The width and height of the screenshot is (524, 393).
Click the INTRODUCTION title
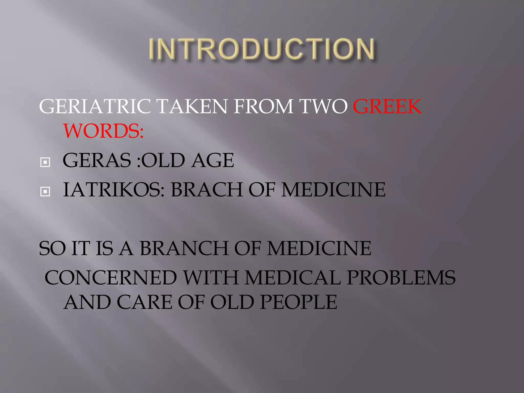coord(262,49)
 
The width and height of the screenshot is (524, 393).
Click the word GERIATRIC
coord(95,106)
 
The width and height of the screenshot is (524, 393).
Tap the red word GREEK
coord(387,106)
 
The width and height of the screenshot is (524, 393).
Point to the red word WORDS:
coord(103,131)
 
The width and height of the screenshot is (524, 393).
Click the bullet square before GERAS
coord(45,162)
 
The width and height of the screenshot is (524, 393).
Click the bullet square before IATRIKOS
coord(45,191)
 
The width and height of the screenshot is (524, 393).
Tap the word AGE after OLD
coord(213,161)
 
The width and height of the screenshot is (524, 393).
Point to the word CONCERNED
coord(111,278)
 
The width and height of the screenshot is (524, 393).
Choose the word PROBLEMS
coord(401,278)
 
